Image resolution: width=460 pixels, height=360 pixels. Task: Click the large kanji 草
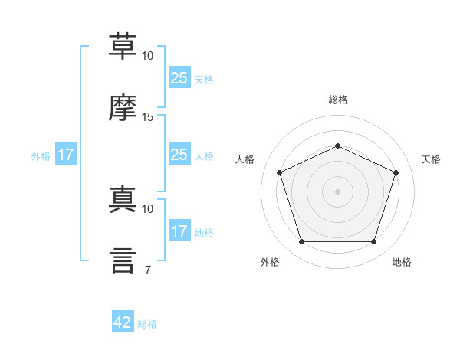tap(123, 46)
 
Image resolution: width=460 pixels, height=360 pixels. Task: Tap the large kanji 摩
tap(123, 107)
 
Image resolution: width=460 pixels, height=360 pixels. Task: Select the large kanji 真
tap(123, 199)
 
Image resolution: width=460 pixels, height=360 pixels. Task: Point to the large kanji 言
tap(123, 260)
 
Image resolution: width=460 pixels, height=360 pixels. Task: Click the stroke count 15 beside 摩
tap(147, 117)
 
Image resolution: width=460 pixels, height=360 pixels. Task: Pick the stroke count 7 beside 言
tap(148, 270)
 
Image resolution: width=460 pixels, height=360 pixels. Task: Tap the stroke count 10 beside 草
tap(147, 56)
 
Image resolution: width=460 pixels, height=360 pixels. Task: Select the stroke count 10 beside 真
tap(147, 209)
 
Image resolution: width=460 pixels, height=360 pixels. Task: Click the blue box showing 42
tap(123, 321)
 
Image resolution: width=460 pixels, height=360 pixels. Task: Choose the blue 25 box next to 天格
tap(179, 77)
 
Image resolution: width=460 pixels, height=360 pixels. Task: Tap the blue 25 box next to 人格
tap(179, 154)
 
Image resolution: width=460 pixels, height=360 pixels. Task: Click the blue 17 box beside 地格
tap(179, 230)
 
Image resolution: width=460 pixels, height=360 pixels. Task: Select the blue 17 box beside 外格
tap(66, 154)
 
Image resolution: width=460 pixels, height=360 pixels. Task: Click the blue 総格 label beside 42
tap(147, 324)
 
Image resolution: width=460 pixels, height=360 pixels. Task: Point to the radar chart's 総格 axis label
tap(338, 100)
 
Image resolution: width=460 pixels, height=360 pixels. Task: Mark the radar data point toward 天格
tap(396, 172)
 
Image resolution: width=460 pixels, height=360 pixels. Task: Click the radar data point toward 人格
tap(280, 172)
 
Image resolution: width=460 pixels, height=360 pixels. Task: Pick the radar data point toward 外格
tap(302, 241)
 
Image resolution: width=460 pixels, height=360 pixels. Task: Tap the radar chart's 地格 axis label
tap(402, 262)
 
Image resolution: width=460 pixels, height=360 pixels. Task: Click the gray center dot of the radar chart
tap(337, 191)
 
